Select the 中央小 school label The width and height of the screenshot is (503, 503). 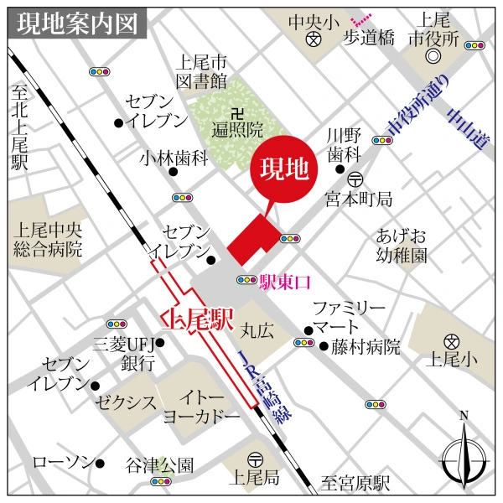click(313, 20)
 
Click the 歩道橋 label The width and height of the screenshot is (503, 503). click(369, 38)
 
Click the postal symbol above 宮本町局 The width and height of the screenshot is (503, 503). click(355, 179)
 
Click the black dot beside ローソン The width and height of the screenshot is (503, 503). click(99, 463)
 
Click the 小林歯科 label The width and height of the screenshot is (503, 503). click(175, 158)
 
